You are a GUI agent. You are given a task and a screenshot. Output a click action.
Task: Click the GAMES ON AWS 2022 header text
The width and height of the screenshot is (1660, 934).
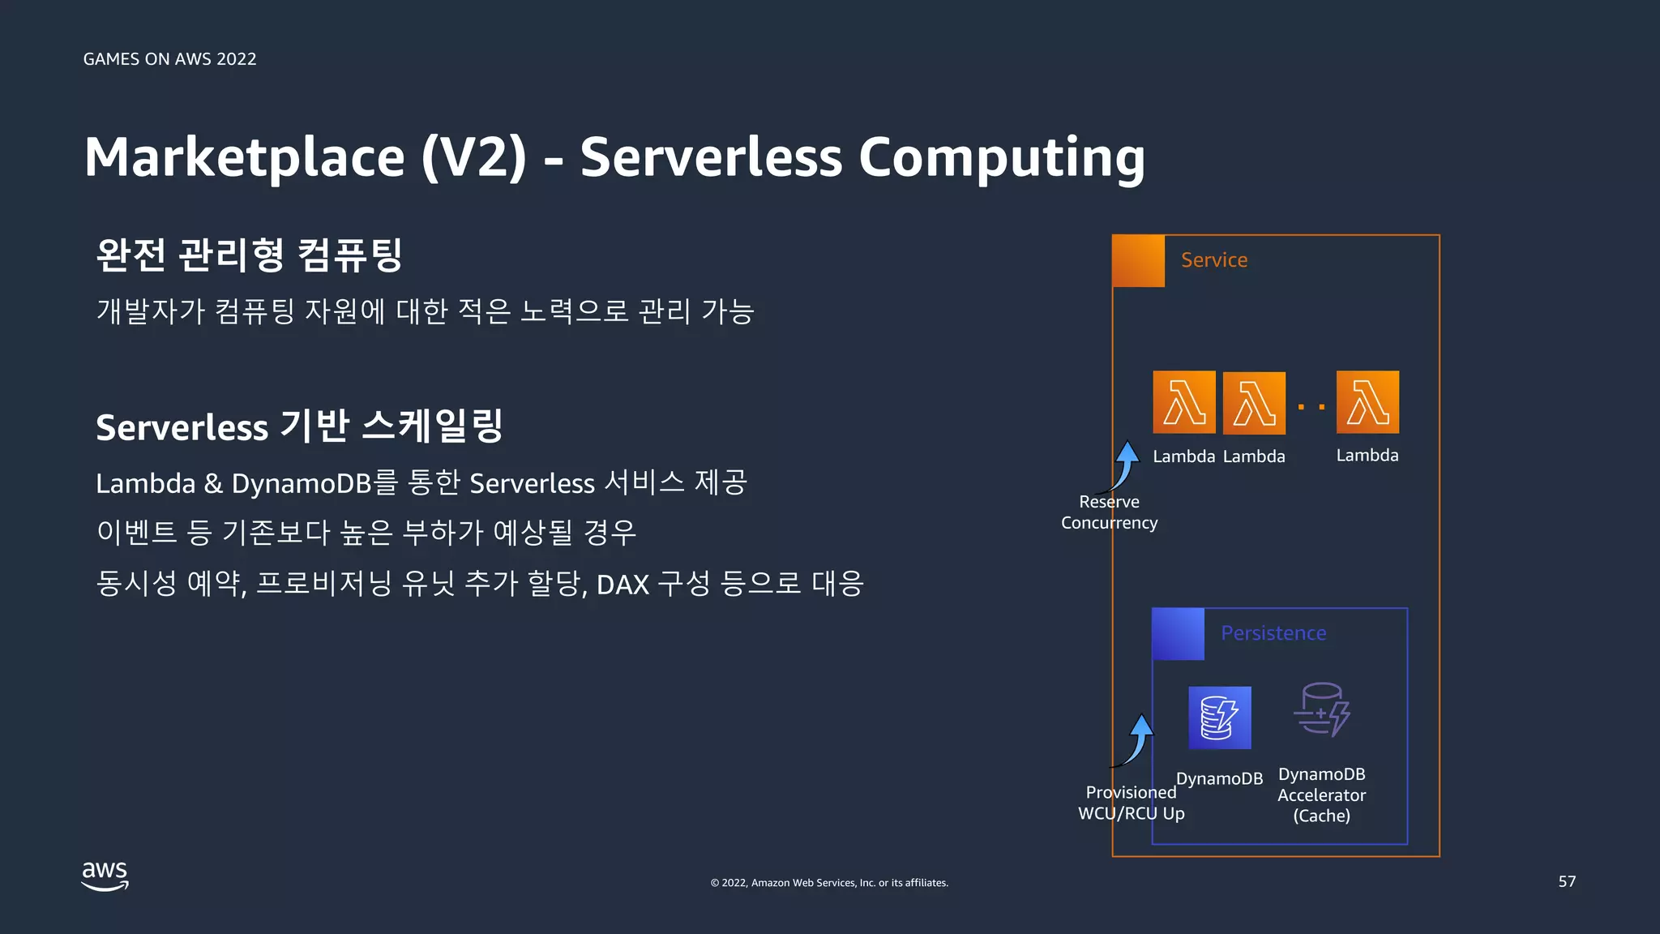[169, 59]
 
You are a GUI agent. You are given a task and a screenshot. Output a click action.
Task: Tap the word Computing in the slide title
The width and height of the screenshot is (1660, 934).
[1001, 158]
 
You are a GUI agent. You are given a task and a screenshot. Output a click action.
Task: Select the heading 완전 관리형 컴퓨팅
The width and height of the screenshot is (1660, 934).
[249, 255]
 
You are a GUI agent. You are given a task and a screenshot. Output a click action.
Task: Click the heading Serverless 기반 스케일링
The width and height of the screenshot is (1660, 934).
[299, 426]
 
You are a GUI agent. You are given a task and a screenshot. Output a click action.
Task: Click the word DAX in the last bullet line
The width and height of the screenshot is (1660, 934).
[622, 584]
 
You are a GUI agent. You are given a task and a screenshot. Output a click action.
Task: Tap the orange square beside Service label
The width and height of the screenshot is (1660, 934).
[1138, 261]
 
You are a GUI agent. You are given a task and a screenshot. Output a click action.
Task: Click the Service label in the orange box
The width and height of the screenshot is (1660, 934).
[1213, 260]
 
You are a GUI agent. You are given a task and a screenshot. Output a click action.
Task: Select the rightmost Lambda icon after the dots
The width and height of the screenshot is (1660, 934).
[1367, 402]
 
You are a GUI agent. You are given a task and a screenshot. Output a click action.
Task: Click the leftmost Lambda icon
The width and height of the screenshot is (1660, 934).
[1184, 402]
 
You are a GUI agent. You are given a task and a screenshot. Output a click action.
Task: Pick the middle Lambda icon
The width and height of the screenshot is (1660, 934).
[1254, 403]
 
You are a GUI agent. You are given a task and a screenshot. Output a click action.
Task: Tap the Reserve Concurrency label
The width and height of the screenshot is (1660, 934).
[1109, 512]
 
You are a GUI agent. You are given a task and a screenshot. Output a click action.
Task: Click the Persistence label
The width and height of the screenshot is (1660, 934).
[1273, 633]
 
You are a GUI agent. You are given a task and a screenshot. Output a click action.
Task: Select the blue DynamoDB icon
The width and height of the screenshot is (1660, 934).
[1220, 718]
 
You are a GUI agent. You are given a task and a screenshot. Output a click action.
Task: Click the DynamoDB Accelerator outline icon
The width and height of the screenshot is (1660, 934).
[1321, 710]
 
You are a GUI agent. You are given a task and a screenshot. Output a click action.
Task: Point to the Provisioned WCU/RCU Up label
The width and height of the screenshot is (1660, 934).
[1131, 803]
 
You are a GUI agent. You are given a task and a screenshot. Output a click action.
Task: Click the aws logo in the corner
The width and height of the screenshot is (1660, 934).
[105, 876]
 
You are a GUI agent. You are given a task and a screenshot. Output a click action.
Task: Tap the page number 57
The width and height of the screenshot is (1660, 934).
[1567, 881]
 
